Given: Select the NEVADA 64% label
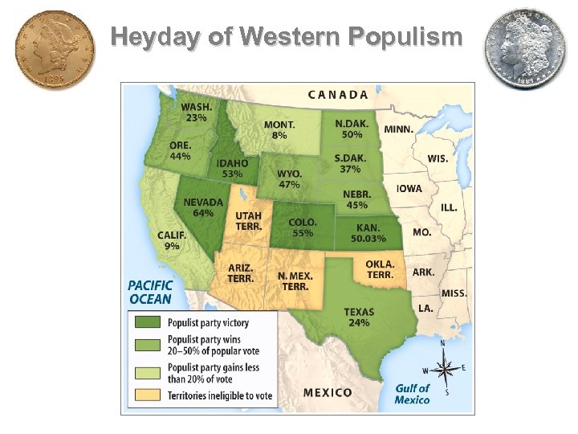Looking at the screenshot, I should [x=203, y=207].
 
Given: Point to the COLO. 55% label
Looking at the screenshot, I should [x=302, y=227].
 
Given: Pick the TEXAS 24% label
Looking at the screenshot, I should [x=358, y=317].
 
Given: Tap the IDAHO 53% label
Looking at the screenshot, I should [x=232, y=168].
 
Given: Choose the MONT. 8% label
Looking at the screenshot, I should [x=279, y=130].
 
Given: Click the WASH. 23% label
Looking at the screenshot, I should [x=196, y=112].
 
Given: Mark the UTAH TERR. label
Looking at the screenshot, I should [x=248, y=222].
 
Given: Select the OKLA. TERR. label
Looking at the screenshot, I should [x=380, y=269].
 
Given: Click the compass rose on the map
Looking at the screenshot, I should [x=448, y=369].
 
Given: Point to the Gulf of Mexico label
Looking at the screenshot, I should [x=413, y=393].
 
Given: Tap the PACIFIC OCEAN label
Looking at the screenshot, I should [x=149, y=292].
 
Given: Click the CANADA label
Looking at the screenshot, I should [x=338, y=94].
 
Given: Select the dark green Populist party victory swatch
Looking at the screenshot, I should [x=147, y=322].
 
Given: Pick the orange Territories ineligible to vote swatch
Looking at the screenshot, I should [x=147, y=395].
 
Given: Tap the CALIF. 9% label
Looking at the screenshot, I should [x=172, y=240].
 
